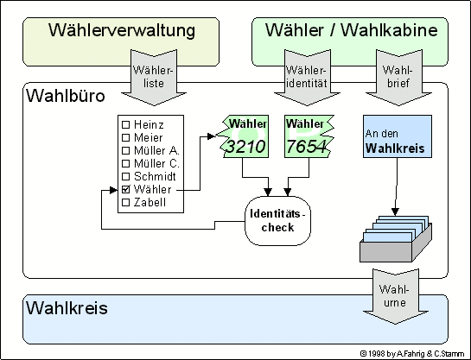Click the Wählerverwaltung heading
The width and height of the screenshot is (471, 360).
122,30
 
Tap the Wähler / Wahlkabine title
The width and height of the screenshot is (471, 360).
351,30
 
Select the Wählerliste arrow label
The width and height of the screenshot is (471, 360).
153,77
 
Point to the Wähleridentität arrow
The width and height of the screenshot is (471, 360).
307,78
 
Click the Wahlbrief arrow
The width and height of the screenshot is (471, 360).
398,78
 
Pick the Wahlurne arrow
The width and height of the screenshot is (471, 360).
395,296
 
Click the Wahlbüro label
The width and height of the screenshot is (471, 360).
66,96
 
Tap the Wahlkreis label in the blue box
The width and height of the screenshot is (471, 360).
67,308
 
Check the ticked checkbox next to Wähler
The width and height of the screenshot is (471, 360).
126,189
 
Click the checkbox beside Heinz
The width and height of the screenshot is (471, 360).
126,124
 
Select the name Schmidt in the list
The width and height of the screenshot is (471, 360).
155,176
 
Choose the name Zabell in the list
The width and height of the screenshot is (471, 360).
150,203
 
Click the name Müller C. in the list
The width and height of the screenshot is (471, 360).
156,163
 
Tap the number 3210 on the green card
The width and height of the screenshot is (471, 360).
245,147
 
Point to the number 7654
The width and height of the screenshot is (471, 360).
307,147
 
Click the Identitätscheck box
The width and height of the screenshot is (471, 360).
278,221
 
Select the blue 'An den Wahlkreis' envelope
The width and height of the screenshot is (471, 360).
398,136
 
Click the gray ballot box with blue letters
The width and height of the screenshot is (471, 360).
396,239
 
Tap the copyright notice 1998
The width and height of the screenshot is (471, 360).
412,354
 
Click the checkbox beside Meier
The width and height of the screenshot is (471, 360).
126,137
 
